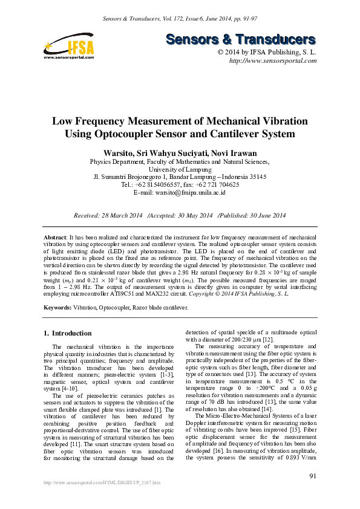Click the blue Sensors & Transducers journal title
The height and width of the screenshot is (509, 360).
(241, 40)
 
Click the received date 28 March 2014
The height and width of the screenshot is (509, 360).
(118, 215)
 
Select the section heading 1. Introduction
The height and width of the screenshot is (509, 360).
(68, 333)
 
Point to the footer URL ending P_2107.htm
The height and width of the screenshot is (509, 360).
(100, 499)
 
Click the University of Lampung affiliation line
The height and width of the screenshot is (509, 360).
(180, 169)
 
